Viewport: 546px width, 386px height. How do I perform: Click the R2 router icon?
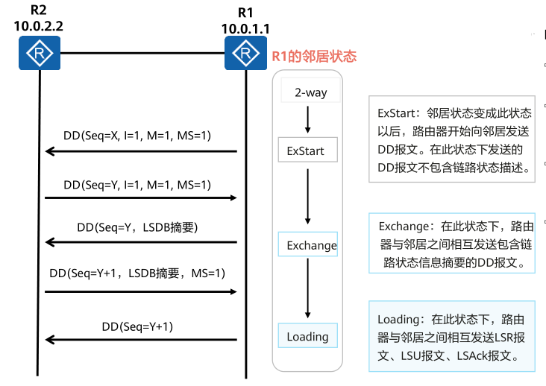(x=40, y=54)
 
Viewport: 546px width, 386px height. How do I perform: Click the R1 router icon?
(x=245, y=54)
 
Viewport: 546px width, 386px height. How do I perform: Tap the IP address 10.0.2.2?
(x=38, y=25)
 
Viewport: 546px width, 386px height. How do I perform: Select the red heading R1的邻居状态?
(x=313, y=56)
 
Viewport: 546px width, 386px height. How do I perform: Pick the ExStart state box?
(x=306, y=151)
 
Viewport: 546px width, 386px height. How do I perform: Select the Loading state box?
(x=307, y=336)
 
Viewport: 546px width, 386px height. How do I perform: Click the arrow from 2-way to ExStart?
(x=307, y=120)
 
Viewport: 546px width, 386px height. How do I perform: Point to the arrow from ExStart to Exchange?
(x=307, y=196)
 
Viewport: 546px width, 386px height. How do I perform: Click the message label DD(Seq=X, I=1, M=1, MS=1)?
(x=137, y=136)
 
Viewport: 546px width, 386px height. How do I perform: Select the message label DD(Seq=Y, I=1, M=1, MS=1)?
(x=137, y=184)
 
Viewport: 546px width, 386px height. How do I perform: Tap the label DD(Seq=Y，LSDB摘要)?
(x=136, y=227)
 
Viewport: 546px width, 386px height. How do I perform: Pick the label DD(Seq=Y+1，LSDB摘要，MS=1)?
(x=137, y=274)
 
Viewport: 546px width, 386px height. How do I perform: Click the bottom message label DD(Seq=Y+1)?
(x=142, y=326)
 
